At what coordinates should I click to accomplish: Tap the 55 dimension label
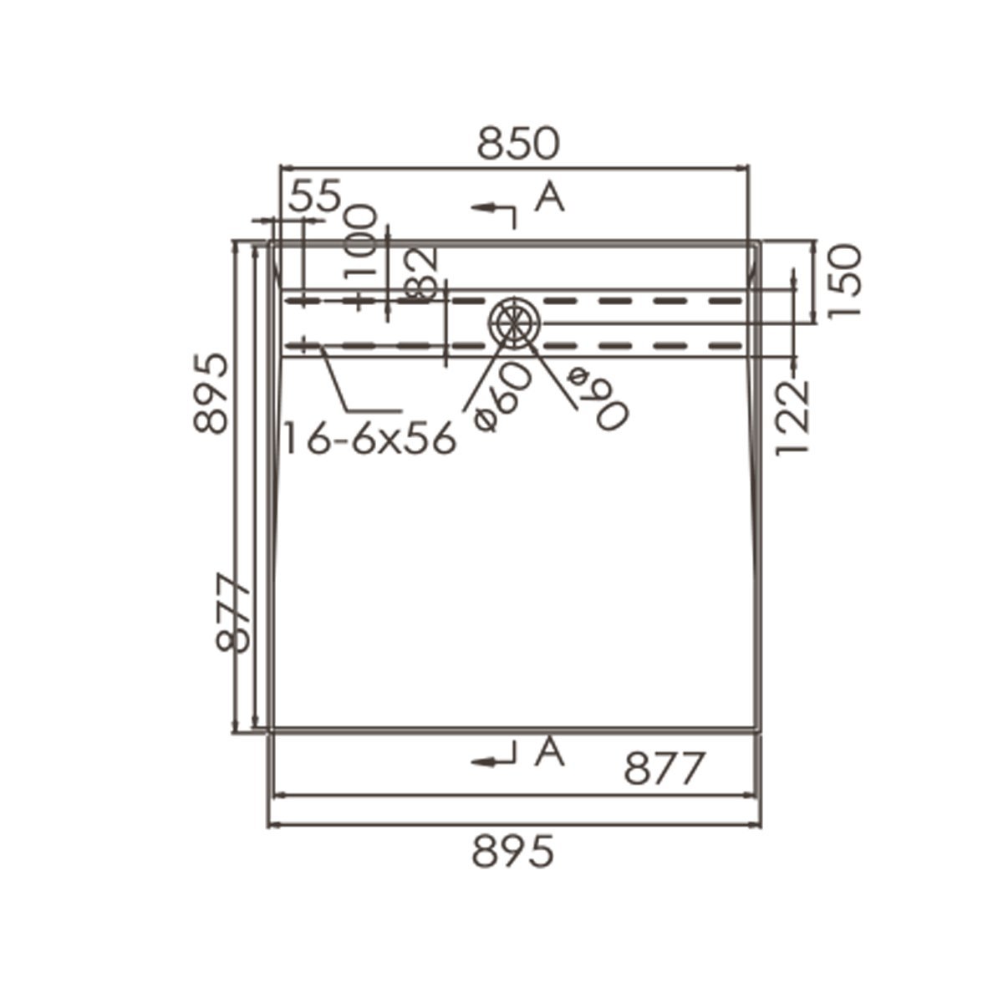tap(315, 197)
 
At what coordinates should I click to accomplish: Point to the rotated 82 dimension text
tap(422, 273)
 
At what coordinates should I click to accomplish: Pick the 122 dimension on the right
tap(793, 418)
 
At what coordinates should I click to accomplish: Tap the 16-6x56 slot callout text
tap(369, 438)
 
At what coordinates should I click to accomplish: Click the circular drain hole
tap(515, 322)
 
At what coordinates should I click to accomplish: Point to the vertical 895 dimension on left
tap(211, 392)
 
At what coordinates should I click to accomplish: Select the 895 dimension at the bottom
tap(512, 853)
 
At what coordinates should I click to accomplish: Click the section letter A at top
tap(550, 197)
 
